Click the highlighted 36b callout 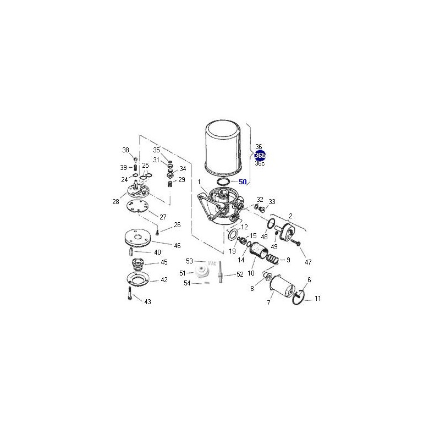(260, 155)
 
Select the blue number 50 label (243, 182)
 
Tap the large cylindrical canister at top (224, 148)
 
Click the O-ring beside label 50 (224, 182)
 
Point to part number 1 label (199, 182)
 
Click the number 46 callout (177, 246)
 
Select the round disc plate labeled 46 (137, 238)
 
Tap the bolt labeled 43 (130, 293)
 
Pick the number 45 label (164, 262)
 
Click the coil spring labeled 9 (272, 258)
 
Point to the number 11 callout (317, 299)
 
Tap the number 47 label (308, 262)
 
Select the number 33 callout (272, 202)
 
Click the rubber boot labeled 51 (202, 271)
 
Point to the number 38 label (126, 150)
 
